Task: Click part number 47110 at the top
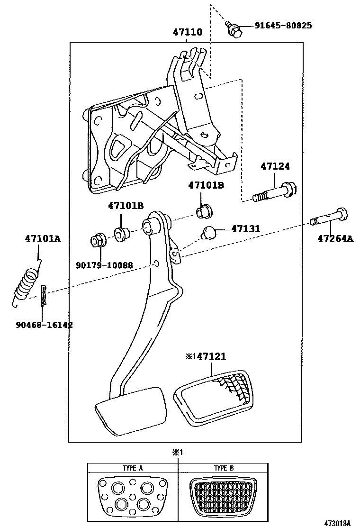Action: (x=187, y=33)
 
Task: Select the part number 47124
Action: (x=275, y=166)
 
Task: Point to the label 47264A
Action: (x=335, y=239)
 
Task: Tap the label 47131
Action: (x=245, y=229)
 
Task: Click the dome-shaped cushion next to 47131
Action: (x=209, y=233)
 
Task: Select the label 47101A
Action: (x=43, y=239)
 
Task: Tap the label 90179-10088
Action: (x=104, y=265)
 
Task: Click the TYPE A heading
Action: (x=133, y=468)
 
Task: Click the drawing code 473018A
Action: (x=337, y=523)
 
